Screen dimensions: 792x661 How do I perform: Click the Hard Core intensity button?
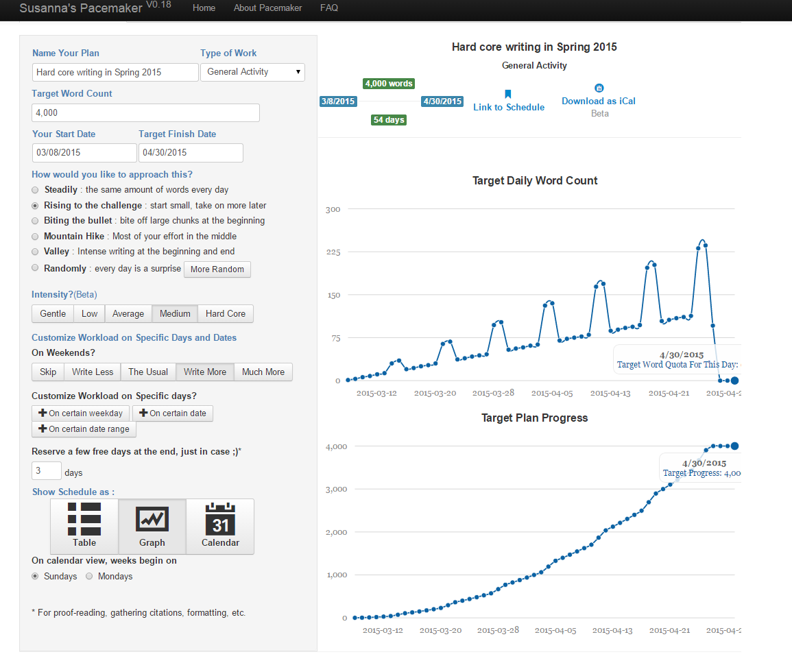[226, 313]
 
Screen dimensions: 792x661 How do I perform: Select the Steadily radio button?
[35, 190]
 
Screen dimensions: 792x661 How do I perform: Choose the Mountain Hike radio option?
[35, 237]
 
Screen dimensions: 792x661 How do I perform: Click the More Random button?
[217, 269]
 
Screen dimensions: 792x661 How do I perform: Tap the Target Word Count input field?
[145, 112]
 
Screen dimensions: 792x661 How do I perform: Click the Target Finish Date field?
[191, 152]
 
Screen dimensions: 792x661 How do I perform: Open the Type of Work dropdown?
[252, 72]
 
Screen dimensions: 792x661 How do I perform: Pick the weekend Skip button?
[48, 372]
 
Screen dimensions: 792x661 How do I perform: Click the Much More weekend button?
[263, 372]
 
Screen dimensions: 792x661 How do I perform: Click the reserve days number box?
[47, 470]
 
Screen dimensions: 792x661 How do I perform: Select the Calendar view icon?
[220, 526]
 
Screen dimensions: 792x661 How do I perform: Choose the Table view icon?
[84, 526]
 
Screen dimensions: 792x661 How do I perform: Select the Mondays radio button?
[89, 576]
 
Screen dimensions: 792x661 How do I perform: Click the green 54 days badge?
[388, 120]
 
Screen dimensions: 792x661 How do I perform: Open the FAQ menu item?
[329, 8]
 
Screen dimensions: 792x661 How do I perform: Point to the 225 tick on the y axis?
[333, 252]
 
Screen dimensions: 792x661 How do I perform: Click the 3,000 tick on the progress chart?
[337, 490]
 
